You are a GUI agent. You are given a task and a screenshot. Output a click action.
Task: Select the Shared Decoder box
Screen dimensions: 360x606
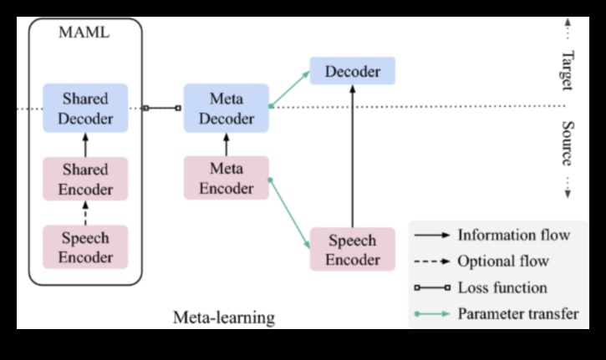pyautogui.click(x=84, y=108)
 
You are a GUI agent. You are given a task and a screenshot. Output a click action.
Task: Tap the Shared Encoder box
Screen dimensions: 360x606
pyautogui.click(x=84, y=178)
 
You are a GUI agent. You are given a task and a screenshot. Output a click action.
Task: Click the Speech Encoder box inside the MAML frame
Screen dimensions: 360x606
pyautogui.click(x=84, y=246)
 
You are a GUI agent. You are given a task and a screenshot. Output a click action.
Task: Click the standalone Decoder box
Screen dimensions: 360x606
pyautogui.click(x=352, y=71)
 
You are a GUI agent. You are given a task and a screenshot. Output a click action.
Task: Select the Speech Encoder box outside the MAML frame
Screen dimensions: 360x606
pyautogui.click(x=352, y=249)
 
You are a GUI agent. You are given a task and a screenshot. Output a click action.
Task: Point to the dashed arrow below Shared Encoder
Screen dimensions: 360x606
pyautogui.click(x=84, y=213)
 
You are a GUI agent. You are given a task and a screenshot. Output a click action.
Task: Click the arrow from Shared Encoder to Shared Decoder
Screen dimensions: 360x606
pyautogui.click(x=84, y=144)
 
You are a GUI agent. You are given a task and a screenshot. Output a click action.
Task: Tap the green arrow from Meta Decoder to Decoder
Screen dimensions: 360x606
pyautogui.click(x=289, y=89)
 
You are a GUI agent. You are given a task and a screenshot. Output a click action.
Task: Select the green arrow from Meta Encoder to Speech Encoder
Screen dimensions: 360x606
pyautogui.click(x=289, y=209)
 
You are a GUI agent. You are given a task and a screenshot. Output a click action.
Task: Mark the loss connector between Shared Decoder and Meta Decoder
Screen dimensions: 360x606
pyautogui.click(x=162, y=108)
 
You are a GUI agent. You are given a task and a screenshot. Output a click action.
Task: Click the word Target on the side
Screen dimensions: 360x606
pyautogui.click(x=566, y=70)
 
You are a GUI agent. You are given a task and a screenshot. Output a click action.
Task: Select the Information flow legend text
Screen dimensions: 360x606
pyautogui.click(x=513, y=235)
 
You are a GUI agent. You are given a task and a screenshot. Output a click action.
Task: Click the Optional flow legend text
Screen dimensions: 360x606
pyautogui.click(x=503, y=261)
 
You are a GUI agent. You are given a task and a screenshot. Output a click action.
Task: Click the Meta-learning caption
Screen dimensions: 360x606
pyautogui.click(x=223, y=317)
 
